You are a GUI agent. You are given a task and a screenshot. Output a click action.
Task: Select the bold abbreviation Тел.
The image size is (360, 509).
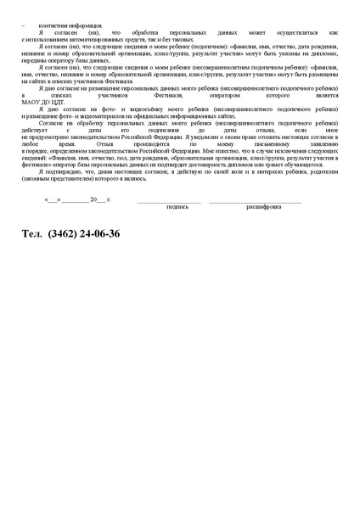coord(32,232)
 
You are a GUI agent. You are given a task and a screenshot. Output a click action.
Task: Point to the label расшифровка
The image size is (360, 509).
coord(264,206)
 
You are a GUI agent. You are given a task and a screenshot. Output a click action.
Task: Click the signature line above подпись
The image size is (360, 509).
coord(170,202)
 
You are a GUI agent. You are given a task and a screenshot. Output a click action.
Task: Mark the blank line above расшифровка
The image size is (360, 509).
coord(255,202)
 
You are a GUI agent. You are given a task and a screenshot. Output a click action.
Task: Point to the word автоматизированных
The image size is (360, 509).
coord(99,39)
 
